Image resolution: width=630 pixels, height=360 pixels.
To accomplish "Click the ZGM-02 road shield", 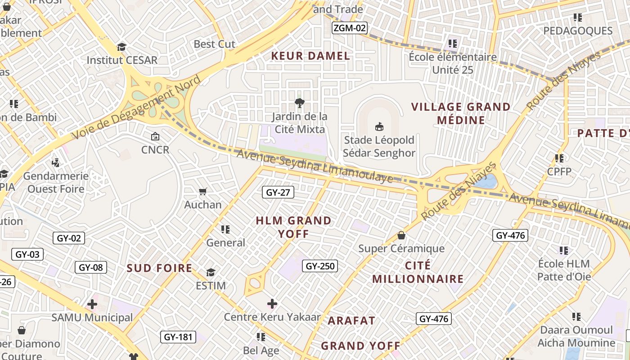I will pos(350,28).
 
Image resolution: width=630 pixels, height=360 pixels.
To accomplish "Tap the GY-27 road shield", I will pos(278,193).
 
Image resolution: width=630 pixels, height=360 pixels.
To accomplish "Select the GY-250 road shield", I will pos(319,266).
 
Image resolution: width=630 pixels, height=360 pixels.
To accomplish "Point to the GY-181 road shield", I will pos(178,337).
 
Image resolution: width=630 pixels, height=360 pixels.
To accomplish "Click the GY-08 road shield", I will pos(91,267).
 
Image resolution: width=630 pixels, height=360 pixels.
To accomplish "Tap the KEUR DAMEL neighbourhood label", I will pos(310,56).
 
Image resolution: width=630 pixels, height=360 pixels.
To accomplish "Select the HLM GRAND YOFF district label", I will pos(293,227).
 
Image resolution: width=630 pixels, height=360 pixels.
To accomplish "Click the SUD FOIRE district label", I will pos(159,268).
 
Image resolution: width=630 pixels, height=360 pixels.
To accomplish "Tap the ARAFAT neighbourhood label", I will pos(351,320).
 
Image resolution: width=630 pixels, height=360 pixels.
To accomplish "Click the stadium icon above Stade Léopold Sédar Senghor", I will pos(379,126).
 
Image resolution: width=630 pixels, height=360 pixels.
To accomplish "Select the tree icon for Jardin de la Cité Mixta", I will pos(299,103).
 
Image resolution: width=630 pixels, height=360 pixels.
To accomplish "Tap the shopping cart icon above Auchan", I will pos(203,192).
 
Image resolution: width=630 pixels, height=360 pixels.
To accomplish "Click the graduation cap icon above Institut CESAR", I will pos(121,47).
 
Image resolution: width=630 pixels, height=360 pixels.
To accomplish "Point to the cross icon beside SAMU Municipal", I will pos(92,304).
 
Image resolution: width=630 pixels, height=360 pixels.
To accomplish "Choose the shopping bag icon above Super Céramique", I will pos(401,235).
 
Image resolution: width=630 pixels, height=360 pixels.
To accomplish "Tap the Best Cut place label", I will pos(214,44).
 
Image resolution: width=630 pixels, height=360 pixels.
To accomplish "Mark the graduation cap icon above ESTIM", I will pos(211,272).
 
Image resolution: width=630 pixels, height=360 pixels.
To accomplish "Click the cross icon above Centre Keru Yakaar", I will pos(272,304).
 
